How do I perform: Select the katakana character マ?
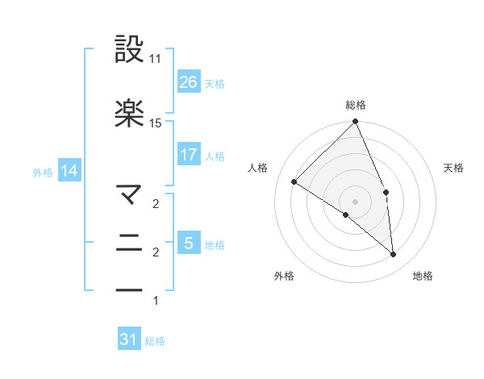(x=130, y=194)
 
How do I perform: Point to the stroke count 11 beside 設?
(x=156, y=60)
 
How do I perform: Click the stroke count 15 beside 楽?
(x=156, y=123)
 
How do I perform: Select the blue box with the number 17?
(x=188, y=154)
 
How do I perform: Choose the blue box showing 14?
(x=69, y=171)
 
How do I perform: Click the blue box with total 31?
(x=129, y=339)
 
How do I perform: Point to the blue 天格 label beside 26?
(x=214, y=82)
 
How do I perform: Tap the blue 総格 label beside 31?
(x=155, y=341)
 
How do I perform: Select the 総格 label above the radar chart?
(x=356, y=105)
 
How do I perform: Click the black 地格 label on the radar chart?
(x=423, y=276)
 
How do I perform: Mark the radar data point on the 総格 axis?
(x=356, y=123)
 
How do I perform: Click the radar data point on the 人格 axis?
(x=294, y=181)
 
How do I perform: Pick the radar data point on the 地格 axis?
(x=394, y=254)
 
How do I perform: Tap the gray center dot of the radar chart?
(x=356, y=201)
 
